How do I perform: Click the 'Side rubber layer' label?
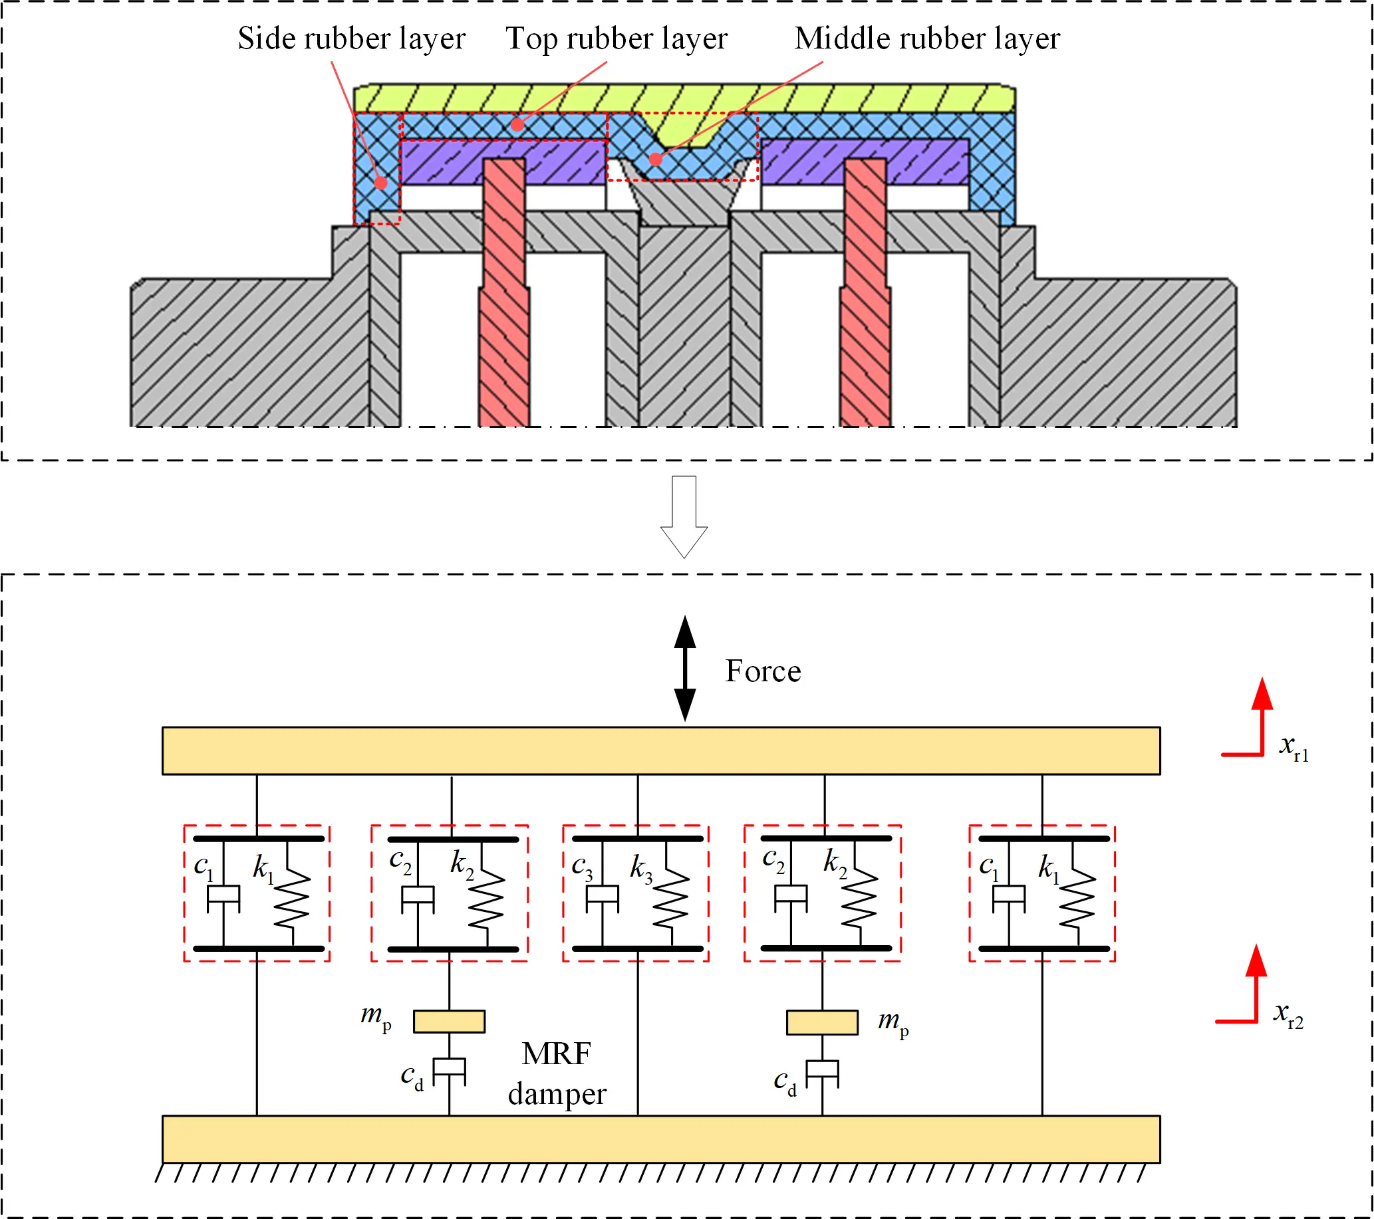351,39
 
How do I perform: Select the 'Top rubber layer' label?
616,39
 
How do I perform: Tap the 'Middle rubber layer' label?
926,39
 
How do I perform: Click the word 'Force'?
762,671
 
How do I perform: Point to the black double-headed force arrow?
684,668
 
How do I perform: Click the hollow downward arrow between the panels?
684,517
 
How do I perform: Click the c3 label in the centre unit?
581,867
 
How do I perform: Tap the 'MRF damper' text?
557,1074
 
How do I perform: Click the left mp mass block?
449,1022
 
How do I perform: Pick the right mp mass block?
822,1022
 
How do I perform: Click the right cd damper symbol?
822,1073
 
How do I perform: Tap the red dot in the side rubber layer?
380,182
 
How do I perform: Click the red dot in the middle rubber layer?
655,160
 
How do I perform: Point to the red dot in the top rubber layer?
517,124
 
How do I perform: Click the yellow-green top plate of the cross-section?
684,98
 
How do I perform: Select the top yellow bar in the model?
661,750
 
